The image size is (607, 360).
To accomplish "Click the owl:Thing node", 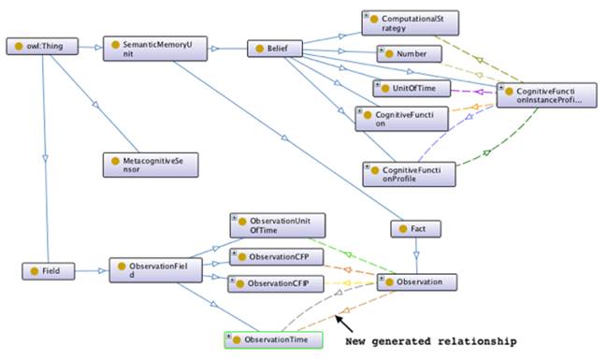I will tap(38, 46).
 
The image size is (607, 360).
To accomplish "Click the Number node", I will tap(407, 55).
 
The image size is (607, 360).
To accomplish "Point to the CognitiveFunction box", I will tap(395, 118).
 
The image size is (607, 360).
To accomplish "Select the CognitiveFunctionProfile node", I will tap(408, 173).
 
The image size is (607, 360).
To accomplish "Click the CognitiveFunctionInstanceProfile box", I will tap(545, 95).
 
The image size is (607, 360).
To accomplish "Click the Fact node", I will tap(414, 227).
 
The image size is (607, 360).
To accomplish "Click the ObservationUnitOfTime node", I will tap(277, 225).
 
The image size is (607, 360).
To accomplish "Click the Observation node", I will tap(417, 281).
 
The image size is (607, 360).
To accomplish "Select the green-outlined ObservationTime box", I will tap(273, 339).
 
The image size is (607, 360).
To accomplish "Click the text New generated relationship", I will tap(430, 341).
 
